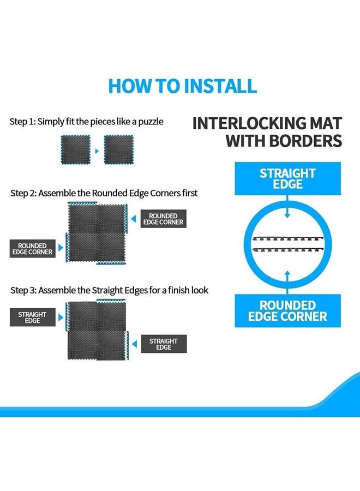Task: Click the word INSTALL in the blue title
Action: (x=220, y=86)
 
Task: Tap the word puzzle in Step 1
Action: (x=151, y=122)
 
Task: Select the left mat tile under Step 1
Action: (x=75, y=149)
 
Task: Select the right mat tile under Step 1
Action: (x=119, y=149)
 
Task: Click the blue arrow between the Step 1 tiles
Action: (x=97, y=151)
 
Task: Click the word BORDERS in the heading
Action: (x=305, y=141)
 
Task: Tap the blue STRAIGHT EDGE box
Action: (x=287, y=178)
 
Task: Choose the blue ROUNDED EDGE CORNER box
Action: (x=287, y=310)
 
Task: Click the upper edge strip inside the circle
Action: (x=287, y=239)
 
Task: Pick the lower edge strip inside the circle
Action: (x=287, y=249)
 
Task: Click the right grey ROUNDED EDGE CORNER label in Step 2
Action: (x=164, y=219)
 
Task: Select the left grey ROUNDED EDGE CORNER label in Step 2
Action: (x=33, y=249)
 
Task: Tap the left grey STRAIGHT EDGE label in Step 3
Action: (x=33, y=318)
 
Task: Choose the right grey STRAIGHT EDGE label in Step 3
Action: (x=164, y=344)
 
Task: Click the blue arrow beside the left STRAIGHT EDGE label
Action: (x=61, y=318)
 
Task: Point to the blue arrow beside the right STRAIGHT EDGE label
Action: (x=135, y=344)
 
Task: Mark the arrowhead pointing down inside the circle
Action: (x=287, y=215)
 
